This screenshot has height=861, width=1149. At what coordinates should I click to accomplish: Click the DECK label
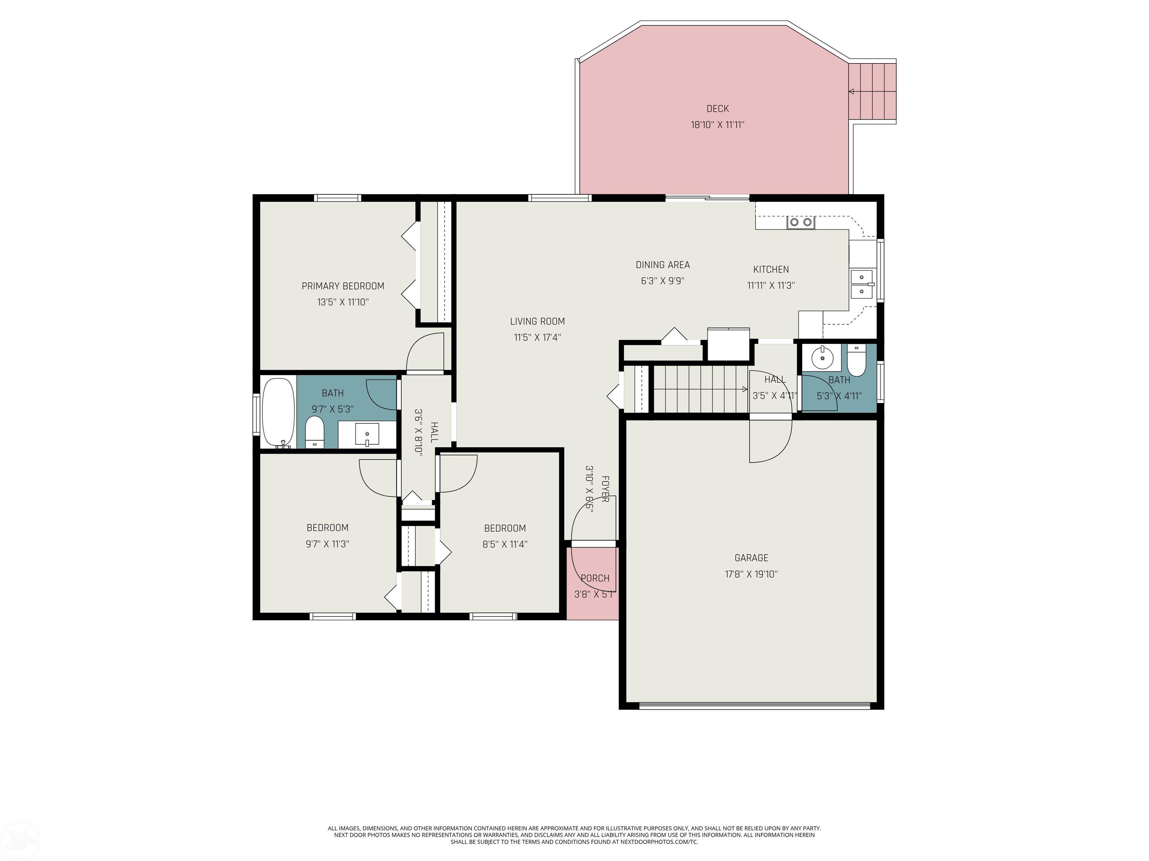(x=717, y=108)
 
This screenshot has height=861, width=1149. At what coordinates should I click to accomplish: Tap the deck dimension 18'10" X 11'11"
(x=717, y=124)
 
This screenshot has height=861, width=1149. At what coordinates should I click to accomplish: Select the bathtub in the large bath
(x=278, y=413)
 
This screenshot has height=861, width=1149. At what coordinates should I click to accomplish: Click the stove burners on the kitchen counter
(x=800, y=223)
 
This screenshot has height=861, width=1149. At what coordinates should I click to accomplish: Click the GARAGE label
(x=751, y=558)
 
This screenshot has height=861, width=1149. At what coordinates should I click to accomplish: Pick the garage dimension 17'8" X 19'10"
(x=751, y=574)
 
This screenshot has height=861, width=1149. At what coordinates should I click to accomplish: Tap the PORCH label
(x=595, y=578)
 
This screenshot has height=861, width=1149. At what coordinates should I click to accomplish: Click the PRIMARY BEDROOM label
(x=343, y=286)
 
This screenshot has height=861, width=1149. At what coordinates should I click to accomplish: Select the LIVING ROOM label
(x=537, y=321)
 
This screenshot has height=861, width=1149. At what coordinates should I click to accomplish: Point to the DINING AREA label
(x=663, y=265)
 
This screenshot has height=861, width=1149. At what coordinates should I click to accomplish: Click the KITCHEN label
(x=771, y=269)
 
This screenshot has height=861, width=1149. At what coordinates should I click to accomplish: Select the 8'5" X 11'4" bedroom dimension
(x=505, y=544)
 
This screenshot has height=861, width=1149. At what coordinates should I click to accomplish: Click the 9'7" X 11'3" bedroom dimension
(x=327, y=544)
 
